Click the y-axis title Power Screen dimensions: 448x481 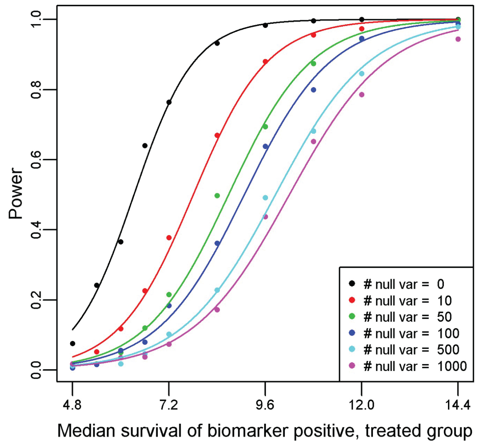pos(16,193)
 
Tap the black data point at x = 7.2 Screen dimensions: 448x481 pos(169,102)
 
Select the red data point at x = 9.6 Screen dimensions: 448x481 pos(265,62)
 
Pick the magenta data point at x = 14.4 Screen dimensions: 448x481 pos(458,39)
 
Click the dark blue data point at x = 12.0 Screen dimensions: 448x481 pos(362,39)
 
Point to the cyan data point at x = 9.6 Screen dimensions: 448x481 pos(265,198)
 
